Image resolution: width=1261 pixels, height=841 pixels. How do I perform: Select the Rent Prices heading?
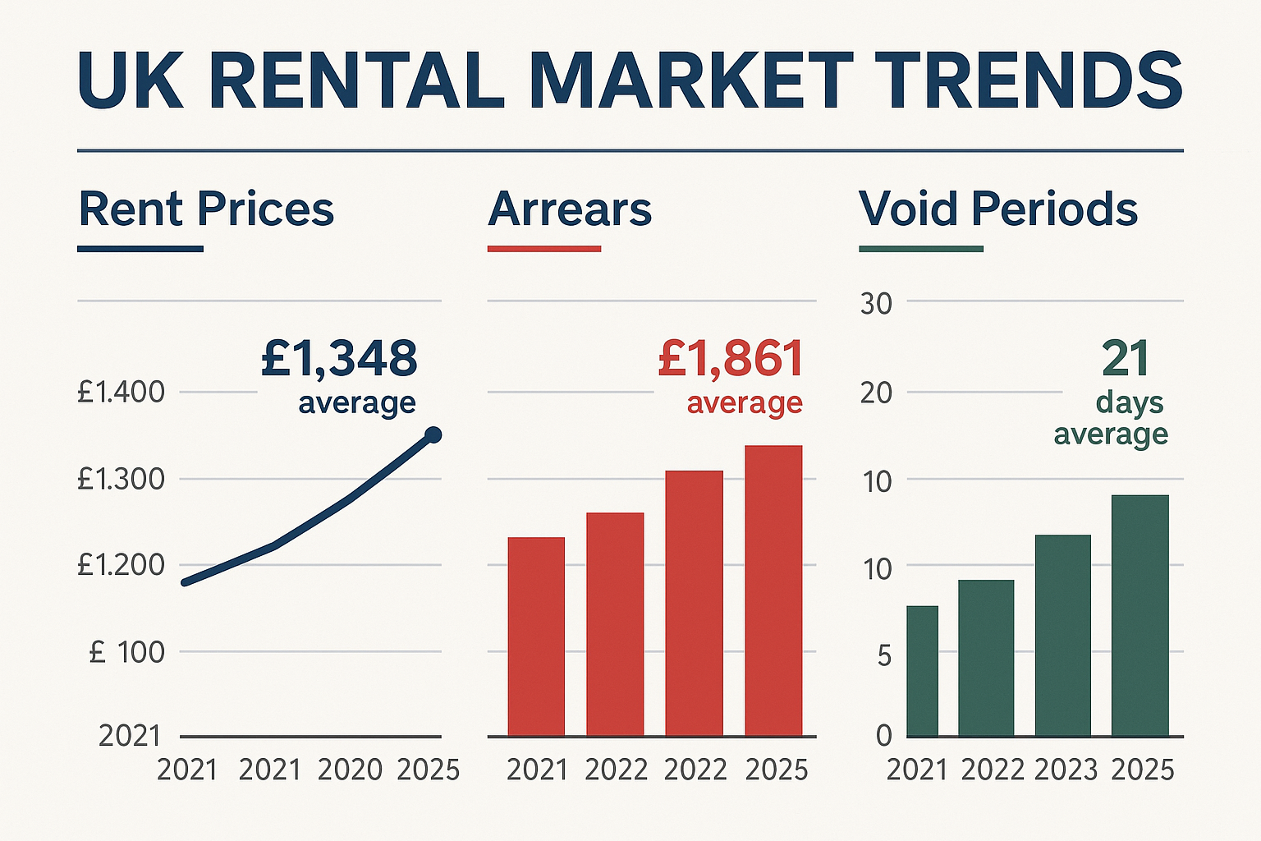(206, 209)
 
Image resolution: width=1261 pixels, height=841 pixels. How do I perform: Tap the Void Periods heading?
(997, 209)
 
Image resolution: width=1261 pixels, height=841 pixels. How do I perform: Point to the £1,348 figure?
(339, 359)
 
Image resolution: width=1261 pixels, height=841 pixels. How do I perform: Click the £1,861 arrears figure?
(731, 359)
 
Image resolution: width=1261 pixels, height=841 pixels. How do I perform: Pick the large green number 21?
(1126, 359)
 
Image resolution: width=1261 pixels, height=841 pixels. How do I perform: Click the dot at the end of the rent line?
(433, 435)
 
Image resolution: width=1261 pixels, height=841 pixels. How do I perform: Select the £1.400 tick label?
(121, 393)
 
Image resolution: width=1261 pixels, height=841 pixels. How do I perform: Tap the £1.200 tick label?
(121, 565)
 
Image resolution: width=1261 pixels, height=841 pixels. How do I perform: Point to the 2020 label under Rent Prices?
(350, 770)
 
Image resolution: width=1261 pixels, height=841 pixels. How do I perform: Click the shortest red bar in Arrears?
(536, 636)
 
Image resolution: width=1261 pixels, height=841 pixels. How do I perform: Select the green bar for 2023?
(1063, 635)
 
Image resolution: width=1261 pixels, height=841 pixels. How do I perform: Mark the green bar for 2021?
(922, 670)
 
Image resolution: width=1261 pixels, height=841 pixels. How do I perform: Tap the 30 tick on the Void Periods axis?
(876, 304)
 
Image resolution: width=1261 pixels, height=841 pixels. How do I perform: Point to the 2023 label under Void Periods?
(1066, 770)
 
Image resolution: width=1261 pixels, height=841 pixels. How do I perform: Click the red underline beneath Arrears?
(544, 248)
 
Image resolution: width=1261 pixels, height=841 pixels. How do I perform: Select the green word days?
(1130, 402)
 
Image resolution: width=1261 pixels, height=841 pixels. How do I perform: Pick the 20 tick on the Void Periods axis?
(876, 393)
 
